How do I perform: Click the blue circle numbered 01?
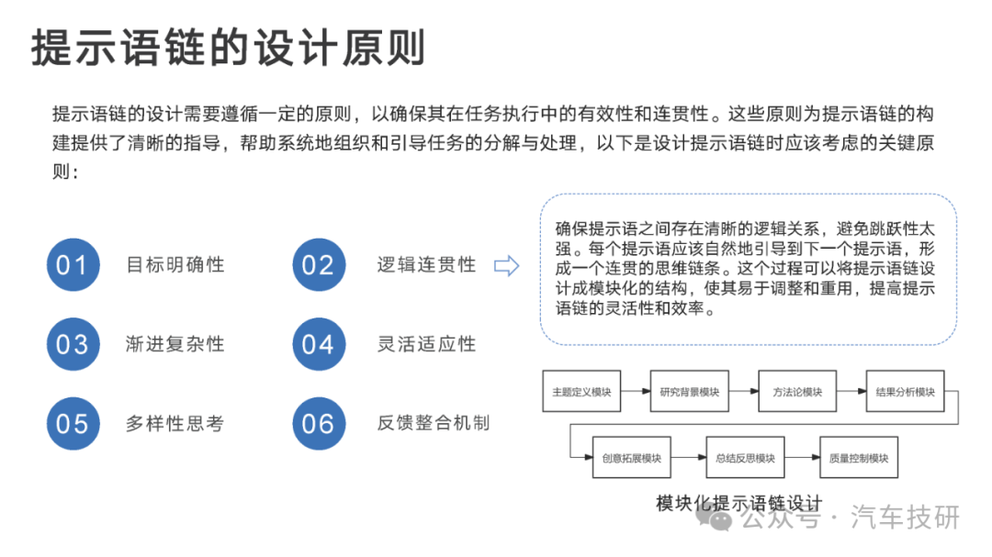[x=73, y=265]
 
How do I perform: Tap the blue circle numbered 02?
[x=319, y=265]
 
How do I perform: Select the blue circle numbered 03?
[x=73, y=344]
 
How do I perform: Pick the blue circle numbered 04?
[x=319, y=344]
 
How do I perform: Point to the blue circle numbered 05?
[x=73, y=424]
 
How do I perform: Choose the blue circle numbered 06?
[x=319, y=424]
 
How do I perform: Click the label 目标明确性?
[x=175, y=265]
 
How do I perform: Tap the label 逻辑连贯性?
[x=426, y=265]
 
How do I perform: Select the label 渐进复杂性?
[x=175, y=344]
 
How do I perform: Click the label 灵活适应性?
[x=426, y=344]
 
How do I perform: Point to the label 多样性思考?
[x=175, y=424]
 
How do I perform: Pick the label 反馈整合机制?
[x=434, y=423]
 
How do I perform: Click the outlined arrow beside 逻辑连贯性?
[x=507, y=265]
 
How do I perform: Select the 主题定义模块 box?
[x=581, y=391]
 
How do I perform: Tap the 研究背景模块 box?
[x=690, y=391]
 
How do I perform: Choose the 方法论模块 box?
[x=797, y=391]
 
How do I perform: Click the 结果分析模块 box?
[x=906, y=391]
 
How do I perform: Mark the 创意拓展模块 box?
[x=631, y=457]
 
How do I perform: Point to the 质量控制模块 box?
[x=859, y=457]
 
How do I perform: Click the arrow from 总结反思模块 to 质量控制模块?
[x=802, y=457]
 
